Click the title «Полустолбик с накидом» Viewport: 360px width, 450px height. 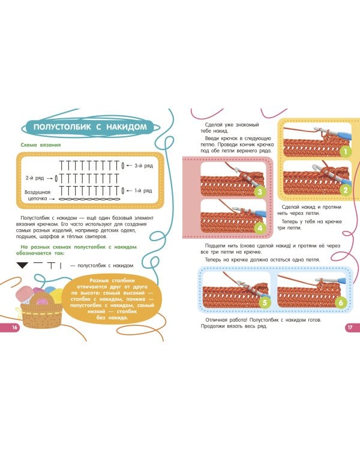pyautogui.click(x=90, y=127)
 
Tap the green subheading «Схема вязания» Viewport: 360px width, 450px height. pyautogui.click(x=41, y=145)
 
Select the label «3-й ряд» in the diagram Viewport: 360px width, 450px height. pyautogui.click(x=144, y=166)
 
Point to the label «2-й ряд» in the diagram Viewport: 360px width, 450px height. pyautogui.click(x=35, y=178)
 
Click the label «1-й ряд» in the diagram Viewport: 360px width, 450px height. pyautogui.click(x=143, y=191)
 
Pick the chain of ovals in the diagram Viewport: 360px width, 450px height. pyautogui.click(x=89, y=199)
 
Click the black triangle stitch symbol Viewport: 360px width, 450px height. pyautogui.click(x=22, y=265)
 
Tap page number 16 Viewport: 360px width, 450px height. pyautogui.click(x=14, y=328)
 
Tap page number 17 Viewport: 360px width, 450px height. pyautogui.click(x=350, y=328)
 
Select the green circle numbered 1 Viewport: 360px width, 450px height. pyautogui.click(x=346, y=152)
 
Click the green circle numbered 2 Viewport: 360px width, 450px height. pyautogui.click(x=346, y=190)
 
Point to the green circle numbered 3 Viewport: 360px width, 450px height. pyautogui.click(x=260, y=191)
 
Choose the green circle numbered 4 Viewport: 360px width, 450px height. pyautogui.click(x=260, y=228)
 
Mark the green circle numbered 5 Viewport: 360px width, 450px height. pyautogui.click(x=265, y=302)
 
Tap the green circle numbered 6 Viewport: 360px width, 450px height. pyautogui.click(x=341, y=302)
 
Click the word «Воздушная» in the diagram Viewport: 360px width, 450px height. pyautogui.click(x=37, y=192)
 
